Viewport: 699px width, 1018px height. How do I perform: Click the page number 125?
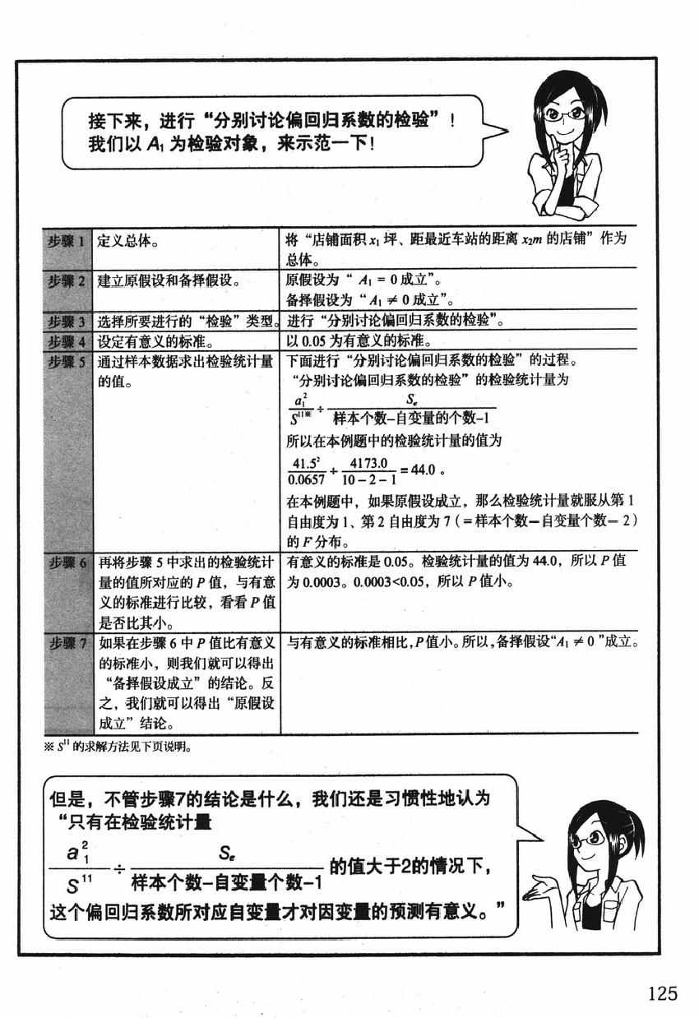[x=661, y=994]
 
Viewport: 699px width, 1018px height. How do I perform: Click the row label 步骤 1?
[x=67, y=240]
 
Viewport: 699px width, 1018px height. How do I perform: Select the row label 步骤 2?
[x=67, y=281]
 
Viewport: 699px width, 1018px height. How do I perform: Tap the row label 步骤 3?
[x=67, y=320]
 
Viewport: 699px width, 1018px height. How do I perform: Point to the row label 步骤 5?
[x=67, y=361]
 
